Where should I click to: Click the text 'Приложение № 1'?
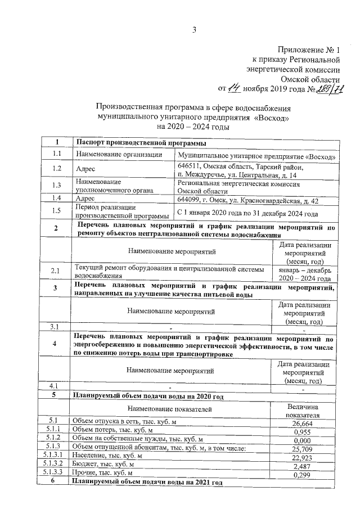pos(309,50)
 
